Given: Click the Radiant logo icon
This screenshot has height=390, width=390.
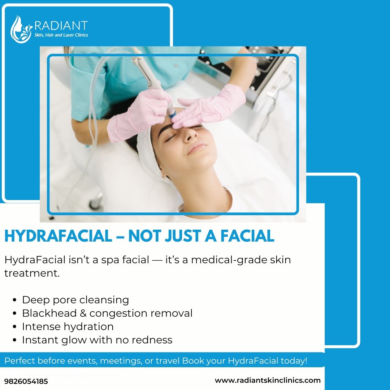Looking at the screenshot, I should (21, 29).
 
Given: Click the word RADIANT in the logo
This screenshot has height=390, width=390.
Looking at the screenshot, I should (61, 26).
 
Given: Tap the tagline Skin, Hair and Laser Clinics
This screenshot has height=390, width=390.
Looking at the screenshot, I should (61, 35).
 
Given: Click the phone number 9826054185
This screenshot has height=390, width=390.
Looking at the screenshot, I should (26, 381).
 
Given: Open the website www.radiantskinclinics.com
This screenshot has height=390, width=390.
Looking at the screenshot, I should (268, 380).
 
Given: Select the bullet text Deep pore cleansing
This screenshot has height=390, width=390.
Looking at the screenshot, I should (75, 300).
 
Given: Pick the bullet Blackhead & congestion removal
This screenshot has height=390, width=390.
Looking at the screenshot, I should (107, 313).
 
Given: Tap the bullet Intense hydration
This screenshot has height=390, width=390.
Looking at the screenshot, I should (68, 326).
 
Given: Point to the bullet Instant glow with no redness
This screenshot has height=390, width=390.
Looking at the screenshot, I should (97, 340).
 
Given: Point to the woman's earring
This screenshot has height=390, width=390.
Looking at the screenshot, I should (164, 177).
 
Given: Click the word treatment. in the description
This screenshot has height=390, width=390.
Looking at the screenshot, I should (32, 273).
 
